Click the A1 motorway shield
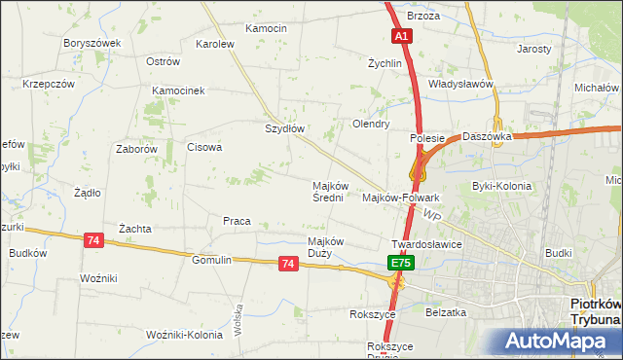(x=402, y=36)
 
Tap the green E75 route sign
(x=401, y=263)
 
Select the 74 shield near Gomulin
(x=287, y=263)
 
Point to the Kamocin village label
(x=266, y=28)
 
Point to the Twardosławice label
(x=425, y=245)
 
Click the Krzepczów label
(x=49, y=84)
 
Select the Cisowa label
(x=204, y=148)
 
